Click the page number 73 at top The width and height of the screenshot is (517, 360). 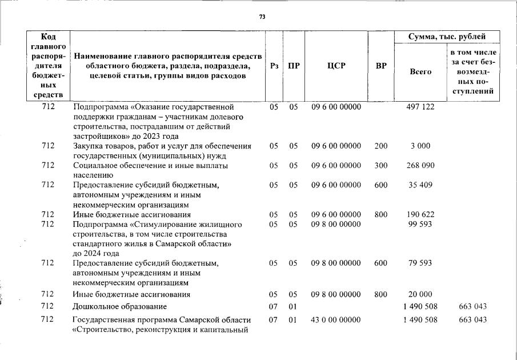pyautogui.click(x=262, y=17)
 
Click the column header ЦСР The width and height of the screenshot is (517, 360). pyautogui.click(x=336, y=66)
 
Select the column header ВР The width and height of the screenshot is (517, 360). pyautogui.click(x=381, y=66)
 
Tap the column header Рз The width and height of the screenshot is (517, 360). pyautogui.click(x=274, y=66)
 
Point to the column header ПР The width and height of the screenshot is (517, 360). pyautogui.click(x=294, y=66)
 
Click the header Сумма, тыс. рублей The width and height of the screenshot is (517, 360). pyautogui.click(x=447, y=37)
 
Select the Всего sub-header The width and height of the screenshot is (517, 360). pyautogui.click(x=420, y=72)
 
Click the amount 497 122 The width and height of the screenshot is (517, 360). pyautogui.click(x=420, y=107)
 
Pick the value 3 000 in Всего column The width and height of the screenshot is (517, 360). pyautogui.click(x=420, y=146)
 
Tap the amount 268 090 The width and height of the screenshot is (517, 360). pyautogui.click(x=420, y=166)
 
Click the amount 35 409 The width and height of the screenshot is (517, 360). pyautogui.click(x=420, y=185)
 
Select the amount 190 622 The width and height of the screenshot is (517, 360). pyautogui.click(x=420, y=215)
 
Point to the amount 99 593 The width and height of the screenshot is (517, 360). pyautogui.click(x=420, y=225)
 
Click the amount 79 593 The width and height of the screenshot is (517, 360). pyautogui.click(x=420, y=263)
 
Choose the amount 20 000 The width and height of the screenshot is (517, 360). pyautogui.click(x=420, y=294)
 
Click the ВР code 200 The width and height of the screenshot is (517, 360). pyautogui.click(x=381, y=146)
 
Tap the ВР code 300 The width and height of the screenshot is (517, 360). pyautogui.click(x=381, y=166)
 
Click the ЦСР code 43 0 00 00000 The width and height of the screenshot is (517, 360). pyautogui.click(x=336, y=319)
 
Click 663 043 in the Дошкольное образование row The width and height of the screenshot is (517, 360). pyautogui.click(x=473, y=307)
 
